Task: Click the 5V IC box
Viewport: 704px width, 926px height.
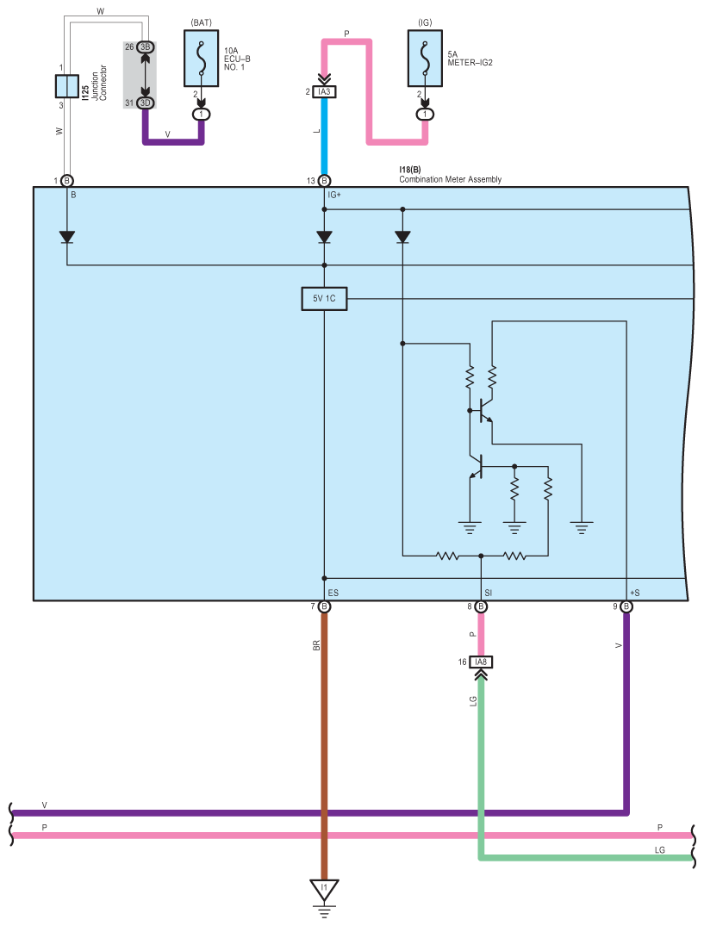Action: pos(324,299)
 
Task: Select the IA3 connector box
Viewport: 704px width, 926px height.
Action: pos(324,91)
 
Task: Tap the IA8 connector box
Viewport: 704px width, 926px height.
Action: pos(481,662)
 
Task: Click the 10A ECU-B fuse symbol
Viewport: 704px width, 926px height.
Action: pos(202,59)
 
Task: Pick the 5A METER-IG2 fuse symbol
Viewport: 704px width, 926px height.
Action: pos(425,59)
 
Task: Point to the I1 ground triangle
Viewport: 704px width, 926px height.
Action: pos(324,889)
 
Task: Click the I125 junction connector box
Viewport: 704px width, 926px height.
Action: pos(66,86)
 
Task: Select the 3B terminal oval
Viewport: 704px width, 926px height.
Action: pos(145,47)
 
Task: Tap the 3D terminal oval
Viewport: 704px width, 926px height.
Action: pos(145,103)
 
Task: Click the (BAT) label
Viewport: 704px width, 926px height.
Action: pos(202,22)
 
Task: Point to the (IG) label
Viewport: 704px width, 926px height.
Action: pos(425,22)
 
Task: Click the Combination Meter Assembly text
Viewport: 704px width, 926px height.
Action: pos(450,179)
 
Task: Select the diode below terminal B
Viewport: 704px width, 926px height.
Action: pos(66,237)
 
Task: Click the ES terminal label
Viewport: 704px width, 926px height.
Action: pos(333,593)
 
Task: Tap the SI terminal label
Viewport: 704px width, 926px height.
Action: pos(488,593)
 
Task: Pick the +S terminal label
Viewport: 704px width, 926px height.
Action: pos(635,593)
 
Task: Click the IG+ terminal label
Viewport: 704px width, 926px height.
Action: pos(334,195)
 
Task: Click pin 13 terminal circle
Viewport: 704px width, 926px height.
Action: pos(324,181)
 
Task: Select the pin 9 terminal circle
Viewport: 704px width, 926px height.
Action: pos(626,606)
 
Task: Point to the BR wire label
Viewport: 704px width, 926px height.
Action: pos(316,645)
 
